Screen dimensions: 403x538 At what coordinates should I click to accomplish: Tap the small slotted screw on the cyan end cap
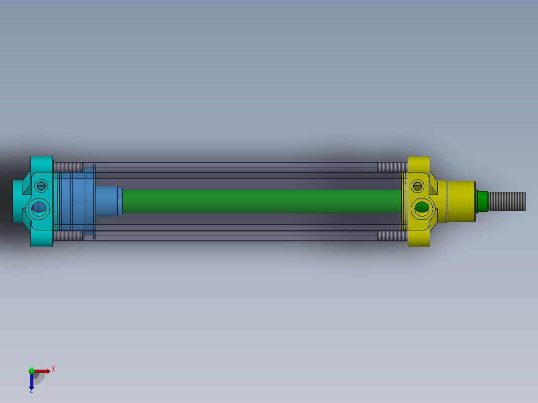tap(41, 186)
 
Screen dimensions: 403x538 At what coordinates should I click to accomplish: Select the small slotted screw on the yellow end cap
tap(417, 186)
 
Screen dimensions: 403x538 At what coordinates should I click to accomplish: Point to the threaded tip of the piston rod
tap(506, 201)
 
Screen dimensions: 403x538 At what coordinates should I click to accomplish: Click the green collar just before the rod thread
tap(482, 201)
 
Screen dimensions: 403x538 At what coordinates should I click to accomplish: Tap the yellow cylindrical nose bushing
tap(460, 201)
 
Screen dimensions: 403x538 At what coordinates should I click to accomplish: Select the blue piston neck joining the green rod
tap(108, 201)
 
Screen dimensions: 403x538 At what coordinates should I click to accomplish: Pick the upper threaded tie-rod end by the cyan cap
tap(67, 167)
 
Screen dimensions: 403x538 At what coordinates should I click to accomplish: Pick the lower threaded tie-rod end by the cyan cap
tap(67, 235)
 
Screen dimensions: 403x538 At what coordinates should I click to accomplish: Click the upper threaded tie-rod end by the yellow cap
tap(392, 167)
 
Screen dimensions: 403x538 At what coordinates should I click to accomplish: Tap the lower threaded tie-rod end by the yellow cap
tap(392, 235)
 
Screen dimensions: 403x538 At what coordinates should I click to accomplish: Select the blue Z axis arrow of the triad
tap(31, 382)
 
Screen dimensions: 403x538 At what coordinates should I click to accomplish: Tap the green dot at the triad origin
tap(31, 371)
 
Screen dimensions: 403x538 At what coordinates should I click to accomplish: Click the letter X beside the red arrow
tap(53, 369)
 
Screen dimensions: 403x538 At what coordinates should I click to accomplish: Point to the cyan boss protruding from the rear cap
tap(17, 201)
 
